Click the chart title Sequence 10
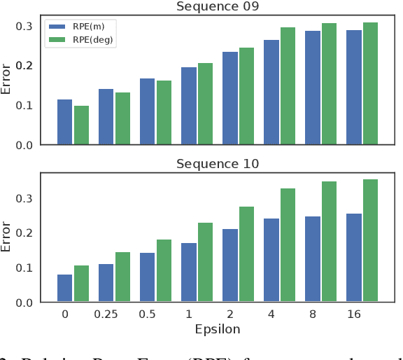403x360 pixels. coord(217,164)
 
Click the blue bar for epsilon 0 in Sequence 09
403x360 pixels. coord(64,122)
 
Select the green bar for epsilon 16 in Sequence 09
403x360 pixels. coord(370,83)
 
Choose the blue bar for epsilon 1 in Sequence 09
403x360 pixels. coord(189,106)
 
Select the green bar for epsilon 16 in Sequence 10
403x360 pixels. coord(370,241)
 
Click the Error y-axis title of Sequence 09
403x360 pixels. coord(7,80)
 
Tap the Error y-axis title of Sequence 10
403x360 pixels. coord(7,237)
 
